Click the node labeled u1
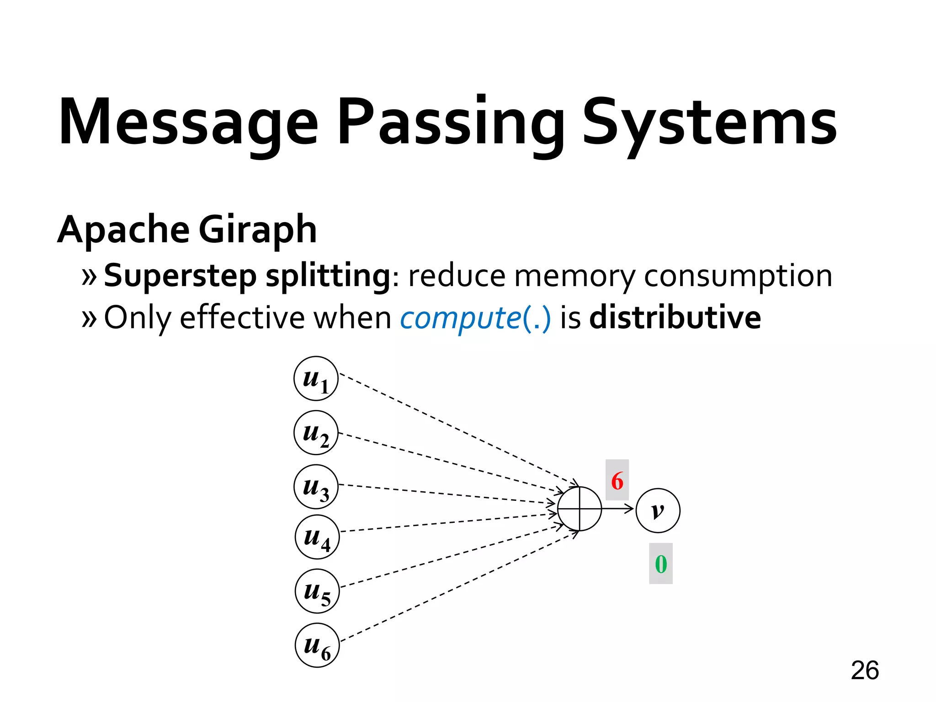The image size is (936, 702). click(316, 378)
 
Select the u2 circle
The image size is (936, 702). click(316, 432)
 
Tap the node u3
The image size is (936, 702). click(316, 487)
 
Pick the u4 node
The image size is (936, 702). click(317, 537)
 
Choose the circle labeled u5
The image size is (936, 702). click(317, 591)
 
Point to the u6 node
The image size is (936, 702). click(317, 645)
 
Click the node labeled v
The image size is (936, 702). click(658, 511)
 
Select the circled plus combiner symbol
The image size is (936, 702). click(580, 509)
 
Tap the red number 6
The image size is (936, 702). click(617, 480)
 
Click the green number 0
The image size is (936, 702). click(661, 564)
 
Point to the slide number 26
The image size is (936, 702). click(865, 670)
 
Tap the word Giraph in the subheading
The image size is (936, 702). click(257, 229)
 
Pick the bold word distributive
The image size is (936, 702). click(675, 317)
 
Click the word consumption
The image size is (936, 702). click(738, 276)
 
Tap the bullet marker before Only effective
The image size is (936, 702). click(89, 318)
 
